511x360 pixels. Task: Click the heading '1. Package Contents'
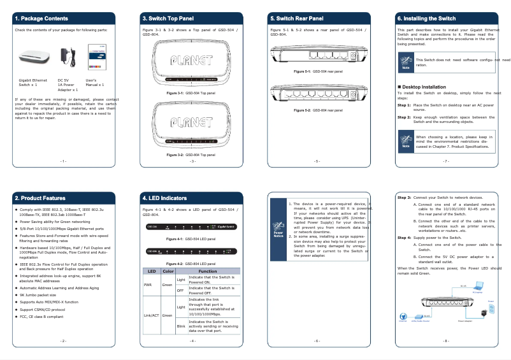(x=41, y=18)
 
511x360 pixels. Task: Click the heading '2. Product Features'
(x=40, y=198)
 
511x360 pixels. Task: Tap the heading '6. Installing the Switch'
(x=426, y=18)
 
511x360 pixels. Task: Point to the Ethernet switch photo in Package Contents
(x=31, y=59)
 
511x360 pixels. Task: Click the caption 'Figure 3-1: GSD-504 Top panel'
(x=191, y=93)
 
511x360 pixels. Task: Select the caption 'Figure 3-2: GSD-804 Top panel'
(x=191, y=155)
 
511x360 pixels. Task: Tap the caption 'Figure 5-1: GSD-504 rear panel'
(x=318, y=71)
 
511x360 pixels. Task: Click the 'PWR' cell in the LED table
(x=147, y=285)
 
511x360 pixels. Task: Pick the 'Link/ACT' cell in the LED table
(x=151, y=315)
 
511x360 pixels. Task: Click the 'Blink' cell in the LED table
(x=181, y=326)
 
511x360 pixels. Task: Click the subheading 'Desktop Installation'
(x=424, y=87)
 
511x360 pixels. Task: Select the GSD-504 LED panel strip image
(x=191, y=227)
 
